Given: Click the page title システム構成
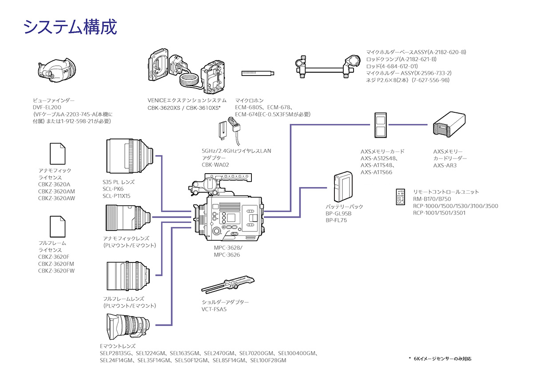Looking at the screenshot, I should [x=70, y=27].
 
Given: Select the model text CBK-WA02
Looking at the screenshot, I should [x=214, y=165].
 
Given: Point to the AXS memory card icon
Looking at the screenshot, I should [x=380, y=125].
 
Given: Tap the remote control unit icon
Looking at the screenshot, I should [x=401, y=197].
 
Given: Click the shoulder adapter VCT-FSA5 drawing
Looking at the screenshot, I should [x=227, y=284].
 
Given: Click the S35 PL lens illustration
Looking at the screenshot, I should [x=129, y=155].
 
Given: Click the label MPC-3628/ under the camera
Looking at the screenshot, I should [x=228, y=248].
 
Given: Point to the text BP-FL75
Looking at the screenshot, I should [x=336, y=220].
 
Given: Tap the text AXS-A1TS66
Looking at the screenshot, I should [x=376, y=172].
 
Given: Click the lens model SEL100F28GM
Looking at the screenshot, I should [x=268, y=361].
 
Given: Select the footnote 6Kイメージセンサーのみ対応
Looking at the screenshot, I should [x=442, y=358].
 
